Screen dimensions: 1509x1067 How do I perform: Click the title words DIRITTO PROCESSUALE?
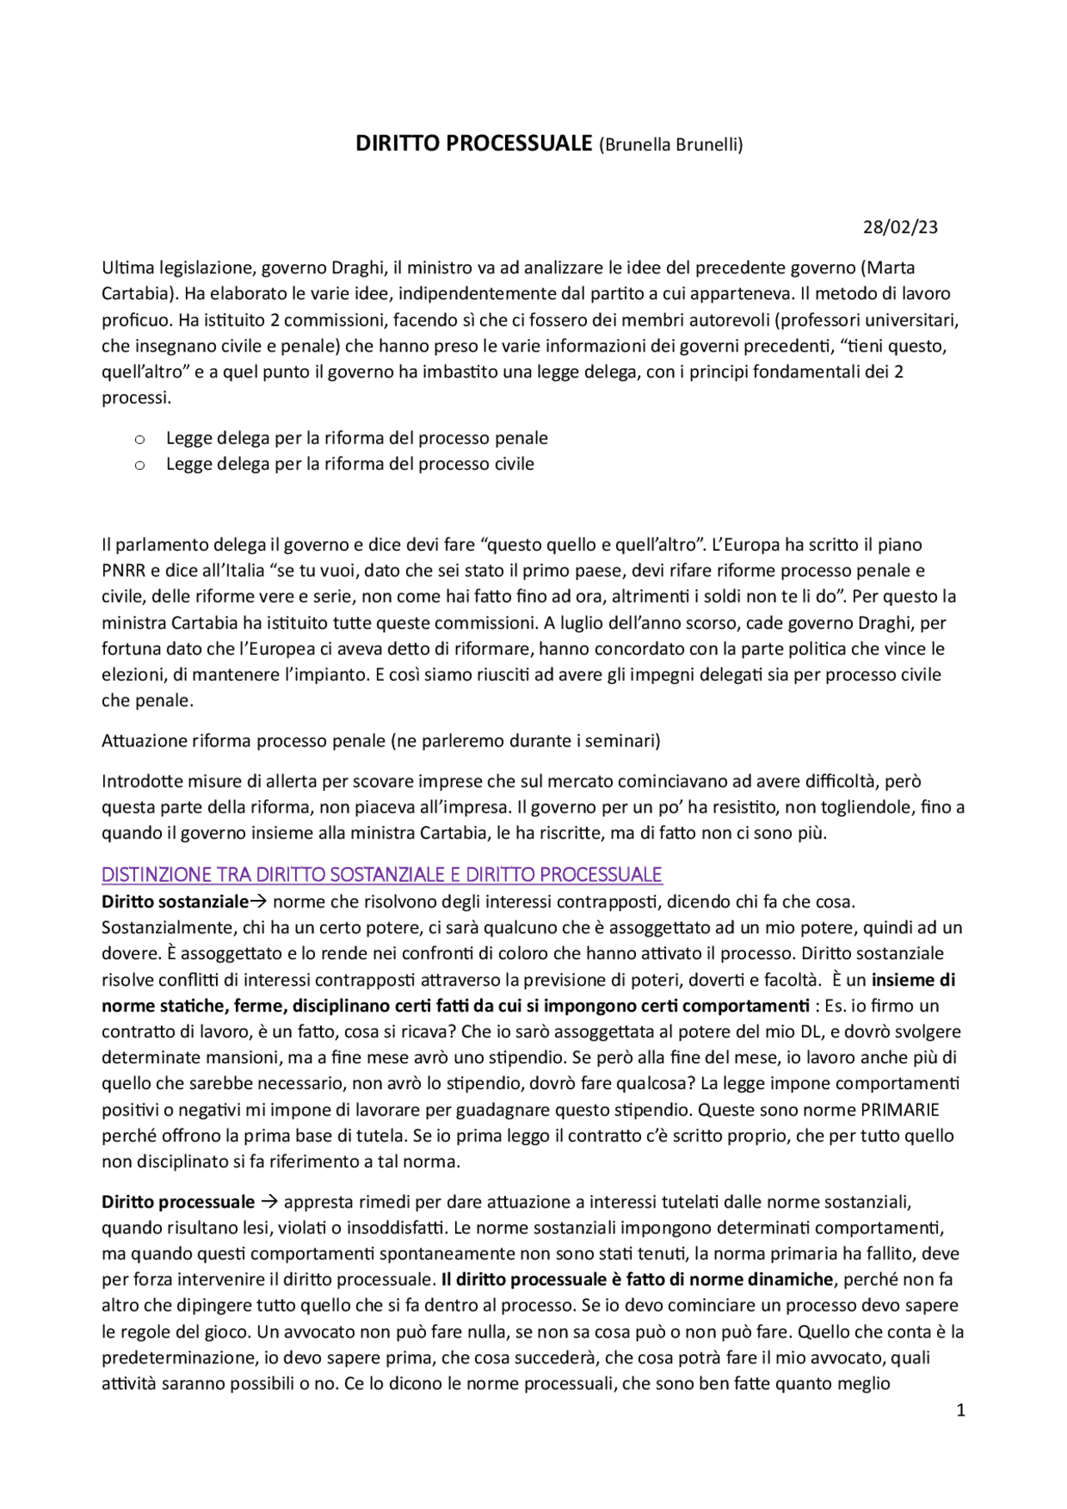pos(473,143)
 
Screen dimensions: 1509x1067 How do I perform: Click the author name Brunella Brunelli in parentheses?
pos(670,145)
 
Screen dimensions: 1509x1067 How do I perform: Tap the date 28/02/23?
pos(899,227)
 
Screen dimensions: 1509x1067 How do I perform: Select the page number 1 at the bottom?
pos(960,1410)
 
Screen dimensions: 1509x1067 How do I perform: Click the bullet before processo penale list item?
pos(140,439)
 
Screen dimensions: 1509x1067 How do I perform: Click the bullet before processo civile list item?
pos(140,465)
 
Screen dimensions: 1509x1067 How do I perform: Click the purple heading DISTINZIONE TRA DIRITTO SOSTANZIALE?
pos(381,874)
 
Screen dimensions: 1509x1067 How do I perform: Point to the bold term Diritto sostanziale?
pos(175,902)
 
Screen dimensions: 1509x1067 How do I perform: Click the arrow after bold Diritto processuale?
pos(269,1202)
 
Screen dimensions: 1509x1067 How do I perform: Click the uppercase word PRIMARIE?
pos(899,1110)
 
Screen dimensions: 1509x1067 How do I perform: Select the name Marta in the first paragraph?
pos(890,267)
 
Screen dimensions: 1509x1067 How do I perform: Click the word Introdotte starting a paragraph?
pos(141,781)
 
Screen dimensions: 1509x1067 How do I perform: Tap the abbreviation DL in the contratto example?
pos(811,1032)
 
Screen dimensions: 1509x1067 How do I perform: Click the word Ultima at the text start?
pos(127,267)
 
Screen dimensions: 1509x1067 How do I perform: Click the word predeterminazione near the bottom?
pos(180,1357)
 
